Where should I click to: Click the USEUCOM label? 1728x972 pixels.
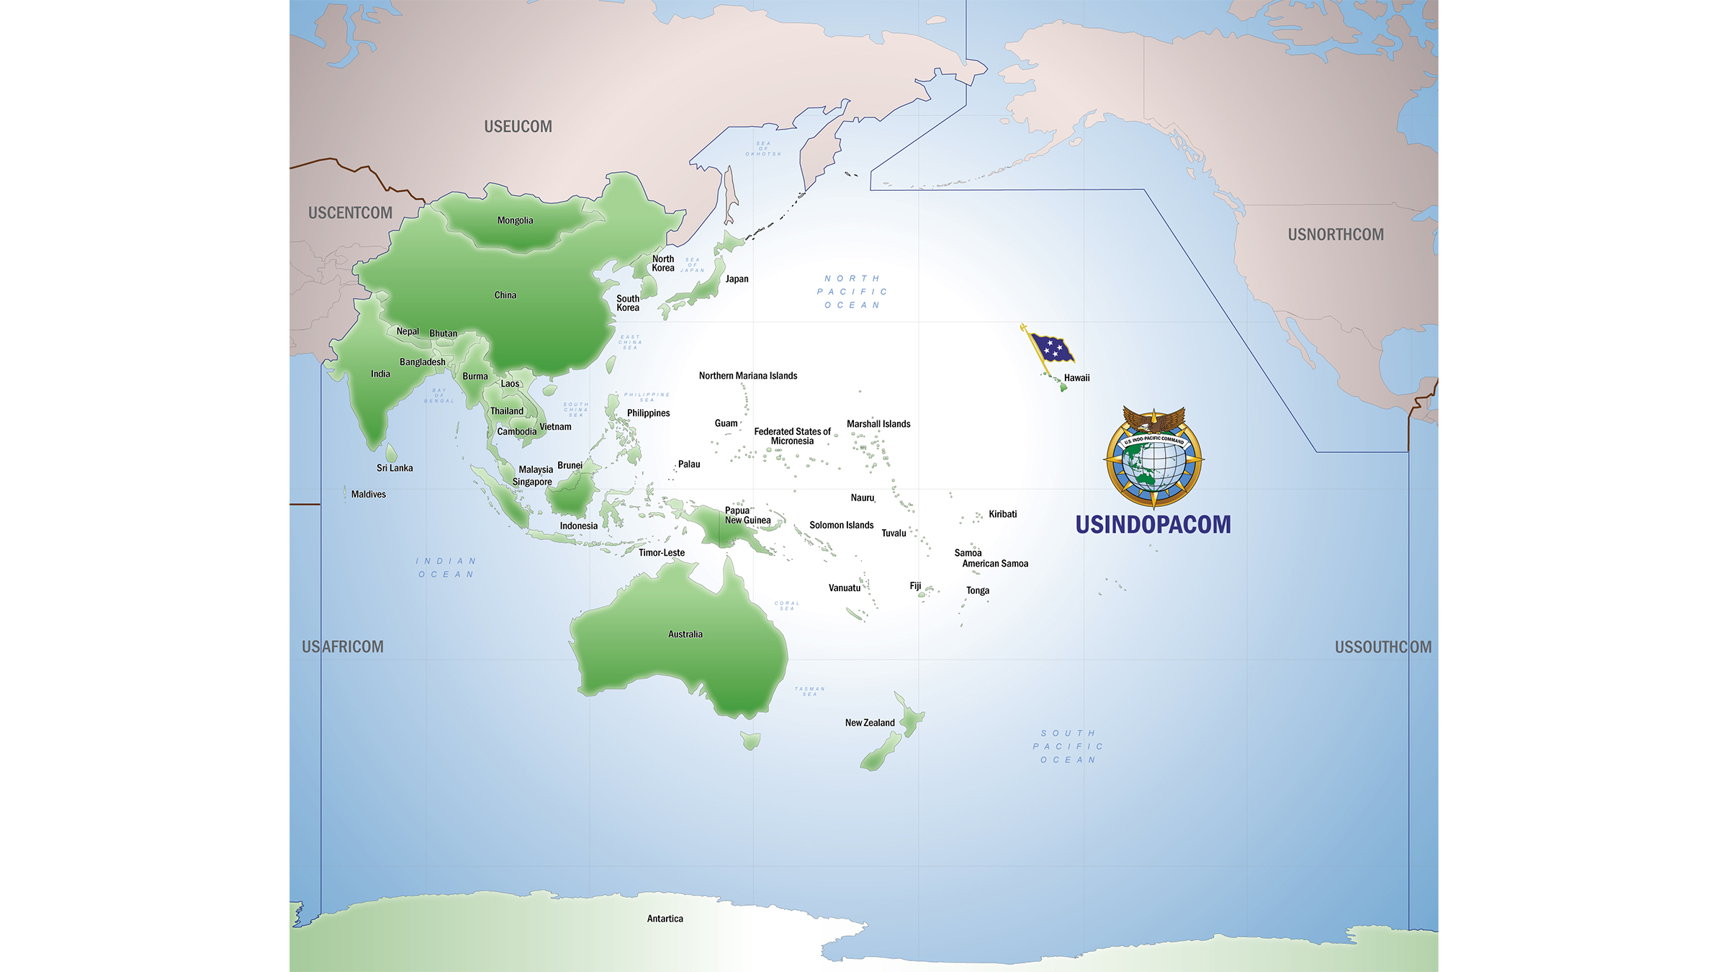[x=518, y=127]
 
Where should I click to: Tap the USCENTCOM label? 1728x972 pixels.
[x=350, y=213]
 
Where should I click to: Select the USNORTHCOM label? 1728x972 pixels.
[x=1336, y=235]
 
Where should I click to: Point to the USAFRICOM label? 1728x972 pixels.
[x=343, y=647]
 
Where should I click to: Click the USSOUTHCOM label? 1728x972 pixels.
[x=1383, y=647]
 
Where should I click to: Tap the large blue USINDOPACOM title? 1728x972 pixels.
[x=1153, y=524]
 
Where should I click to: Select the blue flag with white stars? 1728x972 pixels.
[x=1052, y=348]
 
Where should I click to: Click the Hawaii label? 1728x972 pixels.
[x=1076, y=378]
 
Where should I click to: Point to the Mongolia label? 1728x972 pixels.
[x=515, y=220]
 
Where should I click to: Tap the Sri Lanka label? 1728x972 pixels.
[x=395, y=468]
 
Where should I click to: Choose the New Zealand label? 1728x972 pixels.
[x=870, y=723]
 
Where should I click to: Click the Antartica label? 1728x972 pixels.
[x=665, y=919]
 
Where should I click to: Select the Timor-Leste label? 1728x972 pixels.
[x=662, y=553]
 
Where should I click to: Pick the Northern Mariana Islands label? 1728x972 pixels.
[x=748, y=376]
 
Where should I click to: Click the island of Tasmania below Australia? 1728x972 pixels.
[x=750, y=740]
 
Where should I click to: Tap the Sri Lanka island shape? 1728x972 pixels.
[x=391, y=453]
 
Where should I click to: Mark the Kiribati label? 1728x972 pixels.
[x=1002, y=514]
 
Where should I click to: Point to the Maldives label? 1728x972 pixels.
[x=368, y=495]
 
